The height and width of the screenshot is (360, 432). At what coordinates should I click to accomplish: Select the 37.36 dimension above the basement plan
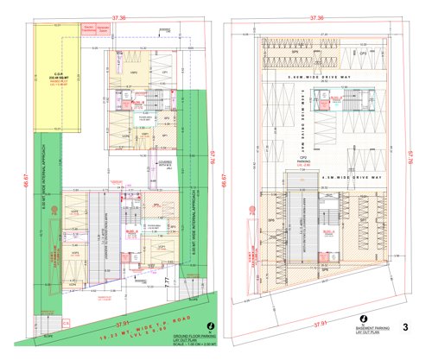[316, 17]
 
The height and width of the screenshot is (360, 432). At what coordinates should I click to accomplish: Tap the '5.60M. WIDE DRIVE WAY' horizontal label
[314, 78]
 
